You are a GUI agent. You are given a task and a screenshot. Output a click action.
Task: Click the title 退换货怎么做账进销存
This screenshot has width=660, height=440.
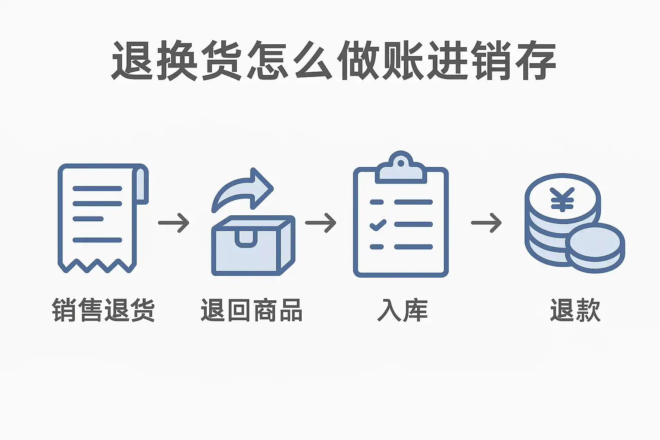coord(333,61)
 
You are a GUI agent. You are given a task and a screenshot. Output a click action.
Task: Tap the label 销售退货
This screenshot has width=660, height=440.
coord(103,310)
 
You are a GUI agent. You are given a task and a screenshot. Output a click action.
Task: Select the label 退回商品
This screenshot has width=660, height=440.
coord(251,310)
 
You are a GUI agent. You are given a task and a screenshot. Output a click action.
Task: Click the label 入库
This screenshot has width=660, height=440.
coord(402,310)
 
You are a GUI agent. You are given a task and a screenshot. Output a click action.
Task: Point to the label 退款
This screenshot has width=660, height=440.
coord(575,310)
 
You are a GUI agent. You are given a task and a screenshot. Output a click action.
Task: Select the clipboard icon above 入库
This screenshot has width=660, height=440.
coord(400,219)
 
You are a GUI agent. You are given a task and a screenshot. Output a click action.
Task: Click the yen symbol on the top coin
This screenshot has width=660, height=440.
coord(562,200)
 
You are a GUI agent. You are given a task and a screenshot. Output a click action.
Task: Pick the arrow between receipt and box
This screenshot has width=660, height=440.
coord(174,223)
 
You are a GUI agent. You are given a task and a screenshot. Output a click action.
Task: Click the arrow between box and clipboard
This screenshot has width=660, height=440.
coord(321,223)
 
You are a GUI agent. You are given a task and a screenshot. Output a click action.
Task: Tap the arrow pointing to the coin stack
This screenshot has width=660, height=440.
coord(486,223)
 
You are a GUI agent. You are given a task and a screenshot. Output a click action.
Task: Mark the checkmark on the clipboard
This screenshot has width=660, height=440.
coord(378,224)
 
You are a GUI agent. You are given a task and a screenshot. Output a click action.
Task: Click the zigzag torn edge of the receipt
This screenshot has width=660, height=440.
coord(97,266)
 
